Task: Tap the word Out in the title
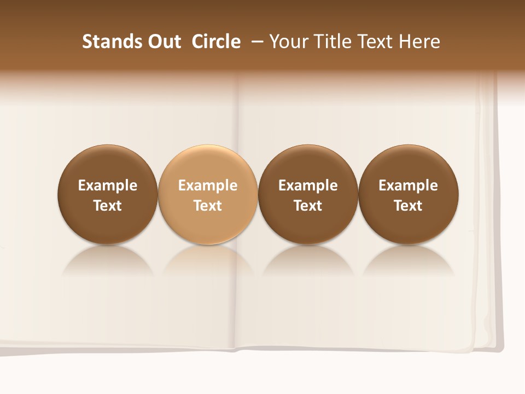point(164,42)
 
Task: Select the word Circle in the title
point(217,42)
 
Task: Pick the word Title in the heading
point(333,42)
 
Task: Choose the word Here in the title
point(418,42)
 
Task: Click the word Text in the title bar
point(376,42)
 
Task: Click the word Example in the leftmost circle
point(108,186)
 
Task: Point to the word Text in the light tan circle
point(208,206)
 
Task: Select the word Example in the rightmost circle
point(409,186)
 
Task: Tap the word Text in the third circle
point(308,206)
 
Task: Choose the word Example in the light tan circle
point(208,186)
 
